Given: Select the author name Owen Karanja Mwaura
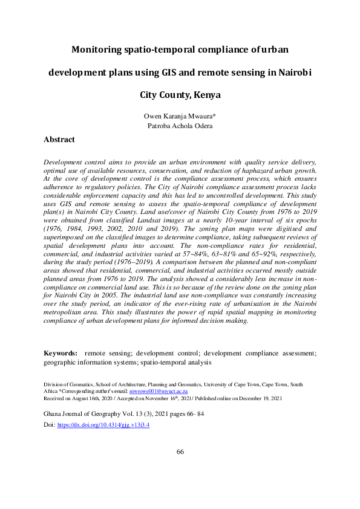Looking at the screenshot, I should point(180,116).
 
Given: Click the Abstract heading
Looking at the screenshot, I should point(59,140).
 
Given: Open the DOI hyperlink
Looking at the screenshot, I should point(103,425).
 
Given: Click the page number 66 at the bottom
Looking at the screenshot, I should point(180,452).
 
